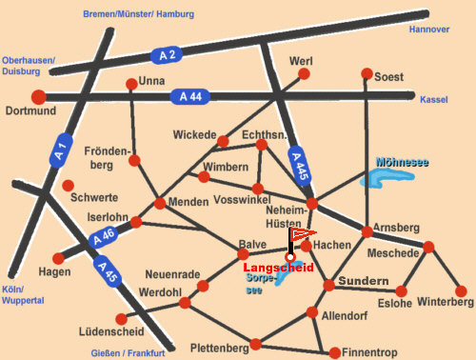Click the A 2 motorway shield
click(x=169, y=54)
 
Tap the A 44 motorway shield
click(x=188, y=96)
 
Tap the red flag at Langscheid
click(x=302, y=232)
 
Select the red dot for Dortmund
click(x=39, y=96)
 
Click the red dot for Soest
click(x=367, y=73)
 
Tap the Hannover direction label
click(x=428, y=30)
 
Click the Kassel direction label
click(x=433, y=98)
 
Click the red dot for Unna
click(x=131, y=83)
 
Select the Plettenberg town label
click(x=220, y=347)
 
